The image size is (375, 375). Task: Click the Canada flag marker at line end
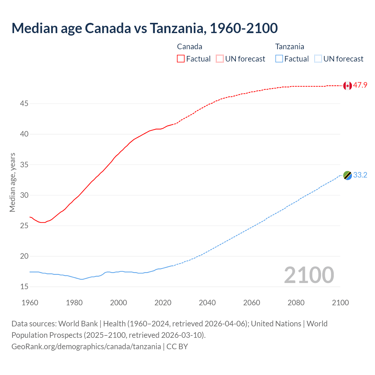[x=347, y=86]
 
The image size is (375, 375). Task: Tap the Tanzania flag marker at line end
[x=347, y=175]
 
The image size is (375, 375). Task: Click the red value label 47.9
[x=360, y=85]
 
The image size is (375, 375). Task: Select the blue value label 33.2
[x=360, y=175]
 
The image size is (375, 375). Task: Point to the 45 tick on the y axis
[x=24, y=104]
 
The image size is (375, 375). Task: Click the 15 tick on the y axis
[x=24, y=287]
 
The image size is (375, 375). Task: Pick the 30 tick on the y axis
[x=24, y=195]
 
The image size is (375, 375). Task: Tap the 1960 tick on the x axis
[x=30, y=303]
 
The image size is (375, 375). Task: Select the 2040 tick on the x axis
[x=207, y=303]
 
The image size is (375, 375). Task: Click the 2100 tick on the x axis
[x=340, y=303]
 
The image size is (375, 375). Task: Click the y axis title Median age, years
[x=12, y=182]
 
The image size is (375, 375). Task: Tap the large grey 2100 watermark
[x=309, y=275]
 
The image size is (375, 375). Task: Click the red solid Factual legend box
[x=181, y=59]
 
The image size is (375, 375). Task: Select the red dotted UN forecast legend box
[x=220, y=59]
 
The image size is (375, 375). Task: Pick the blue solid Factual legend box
[x=279, y=59]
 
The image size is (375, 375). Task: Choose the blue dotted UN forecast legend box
[x=318, y=59]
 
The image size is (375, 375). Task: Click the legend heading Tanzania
[x=289, y=47]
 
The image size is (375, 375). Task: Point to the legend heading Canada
[x=190, y=47]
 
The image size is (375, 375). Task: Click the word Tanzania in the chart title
[x=177, y=28]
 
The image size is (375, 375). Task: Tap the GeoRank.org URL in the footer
[x=86, y=347]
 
